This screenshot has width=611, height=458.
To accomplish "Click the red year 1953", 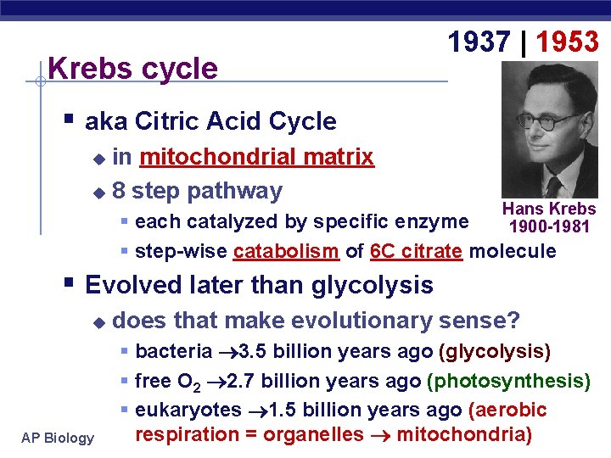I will [x=567, y=41].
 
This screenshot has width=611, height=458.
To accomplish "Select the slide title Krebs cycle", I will [x=133, y=69].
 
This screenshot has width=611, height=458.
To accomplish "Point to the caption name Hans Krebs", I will [x=549, y=209].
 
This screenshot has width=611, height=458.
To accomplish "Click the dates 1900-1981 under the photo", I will [x=550, y=226].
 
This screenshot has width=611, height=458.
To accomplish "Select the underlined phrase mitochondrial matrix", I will [x=256, y=157].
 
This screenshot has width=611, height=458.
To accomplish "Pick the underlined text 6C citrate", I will [x=417, y=251].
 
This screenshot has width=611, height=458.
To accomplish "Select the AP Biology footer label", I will [x=59, y=438].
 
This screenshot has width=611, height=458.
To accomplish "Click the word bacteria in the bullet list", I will [x=174, y=351].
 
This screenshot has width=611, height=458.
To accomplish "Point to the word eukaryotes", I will [x=188, y=410].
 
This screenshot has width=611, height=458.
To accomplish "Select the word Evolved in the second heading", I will [x=136, y=285].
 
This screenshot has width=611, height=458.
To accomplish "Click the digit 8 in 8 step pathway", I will [x=118, y=191].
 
